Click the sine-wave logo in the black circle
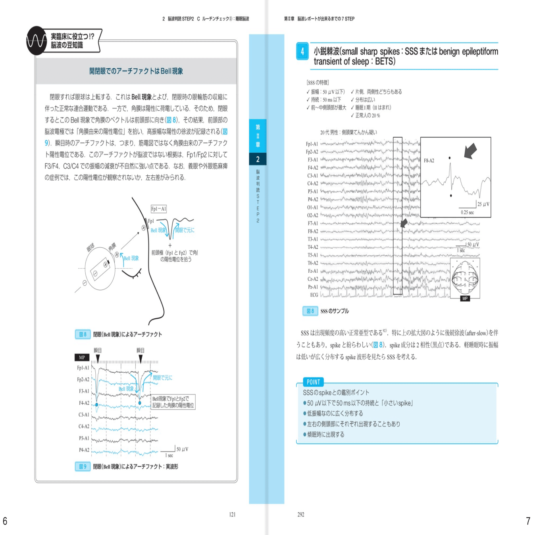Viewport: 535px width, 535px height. click(x=37, y=41)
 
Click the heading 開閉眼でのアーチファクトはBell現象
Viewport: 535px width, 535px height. click(x=136, y=71)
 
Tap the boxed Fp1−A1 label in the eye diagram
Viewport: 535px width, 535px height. click(x=158, y=209)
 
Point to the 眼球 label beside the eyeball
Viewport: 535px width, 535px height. click(x=91, y=248)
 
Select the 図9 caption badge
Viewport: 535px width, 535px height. click(x=83, y=466)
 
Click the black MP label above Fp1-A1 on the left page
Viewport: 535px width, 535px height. click(x=82, y=357)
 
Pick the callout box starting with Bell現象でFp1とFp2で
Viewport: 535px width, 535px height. click(x=173, y=402)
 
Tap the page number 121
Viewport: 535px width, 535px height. click(x=232, y=514)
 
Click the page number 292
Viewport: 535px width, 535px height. click(x=301, y=514)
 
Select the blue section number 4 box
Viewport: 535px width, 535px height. click(x=302, y=51)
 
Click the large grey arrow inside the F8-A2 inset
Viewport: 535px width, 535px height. click(x=471, y=151)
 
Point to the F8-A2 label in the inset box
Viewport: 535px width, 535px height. click(x=429, y=161)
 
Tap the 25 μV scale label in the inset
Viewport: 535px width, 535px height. click(x=483, y=204)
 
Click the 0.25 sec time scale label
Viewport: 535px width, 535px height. click(x=467, y=212)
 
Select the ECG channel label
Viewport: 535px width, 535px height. click(x=314, y=295)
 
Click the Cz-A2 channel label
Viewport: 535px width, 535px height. click(x=313, y=279)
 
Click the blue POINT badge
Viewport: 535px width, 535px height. click(x=313, y=382)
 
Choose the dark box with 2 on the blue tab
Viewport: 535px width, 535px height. click(x=258, y=159)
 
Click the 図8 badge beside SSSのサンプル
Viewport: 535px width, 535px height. click(x=310, y=311)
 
